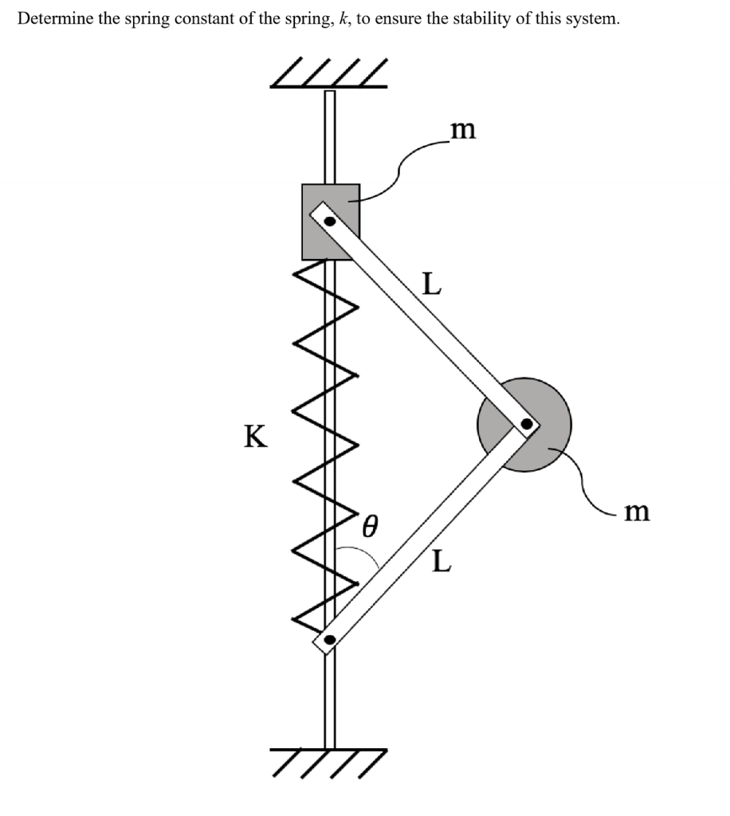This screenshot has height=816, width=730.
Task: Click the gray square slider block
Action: click(331, 222)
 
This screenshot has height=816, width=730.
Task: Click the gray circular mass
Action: click(524, 425)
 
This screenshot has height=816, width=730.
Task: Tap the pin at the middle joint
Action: click(527, 424)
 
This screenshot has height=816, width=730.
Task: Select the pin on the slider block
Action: click(330, 222)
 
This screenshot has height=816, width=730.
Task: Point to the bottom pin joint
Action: click(329, 640)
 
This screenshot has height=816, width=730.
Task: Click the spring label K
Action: click(256, 436)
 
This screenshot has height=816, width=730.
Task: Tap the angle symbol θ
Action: click(369, 526)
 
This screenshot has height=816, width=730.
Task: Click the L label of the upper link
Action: click(432, 284)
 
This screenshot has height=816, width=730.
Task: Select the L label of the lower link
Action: click(442, 561)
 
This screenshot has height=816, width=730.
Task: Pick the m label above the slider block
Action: click(463, 130)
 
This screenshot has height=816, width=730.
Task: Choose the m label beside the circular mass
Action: click(637, 512)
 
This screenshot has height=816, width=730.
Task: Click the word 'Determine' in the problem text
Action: click(56, 19)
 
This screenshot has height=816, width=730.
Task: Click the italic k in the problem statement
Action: click(342, 19)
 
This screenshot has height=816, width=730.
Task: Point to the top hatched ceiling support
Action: click(329, 73)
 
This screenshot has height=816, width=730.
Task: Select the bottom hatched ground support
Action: click(329, 763)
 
